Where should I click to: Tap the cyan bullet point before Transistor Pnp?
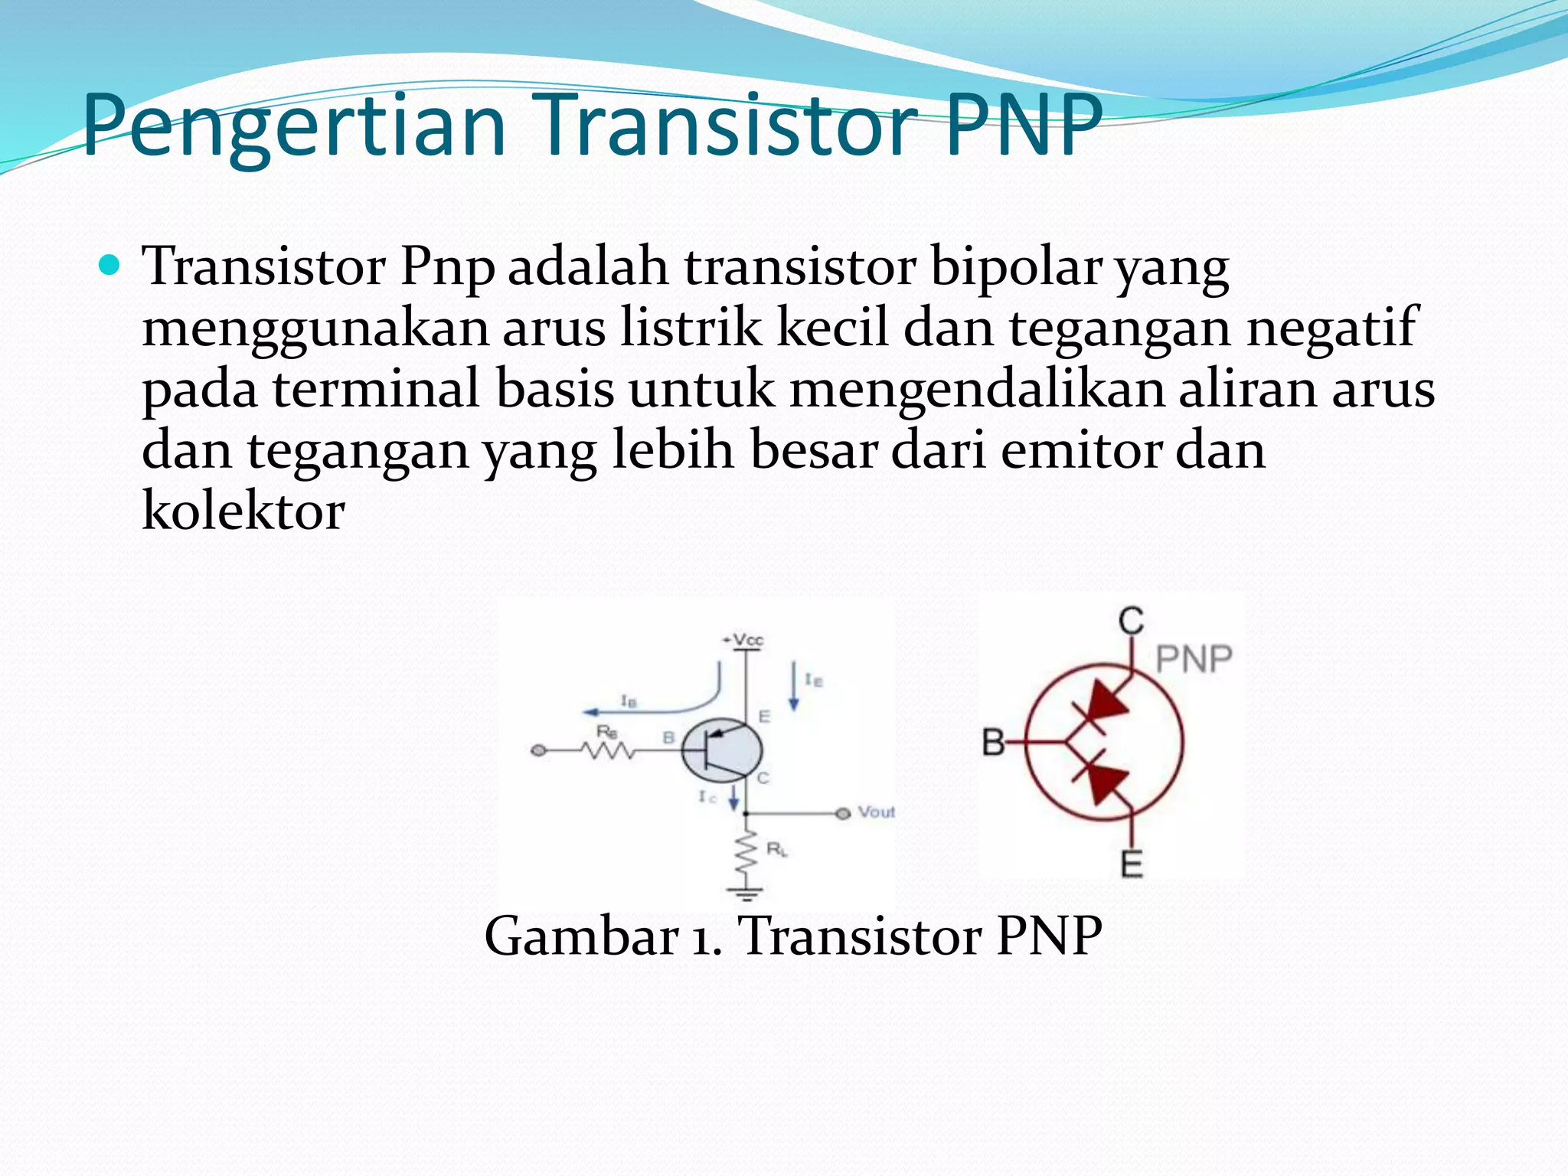[x=110, y=266]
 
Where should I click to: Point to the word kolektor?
[x=243, y=511]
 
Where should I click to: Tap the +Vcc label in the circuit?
[x=743, y=639]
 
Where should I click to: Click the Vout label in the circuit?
[x=876, y=812]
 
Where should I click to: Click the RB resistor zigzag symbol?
[x=608, y=751]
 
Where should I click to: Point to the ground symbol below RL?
[x=746, y=893]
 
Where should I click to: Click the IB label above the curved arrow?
[x=628, y=700]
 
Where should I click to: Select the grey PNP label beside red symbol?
[x=1193, y=658]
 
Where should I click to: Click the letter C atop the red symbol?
[x=1131, y=621]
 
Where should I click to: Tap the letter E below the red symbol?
[x=1132, y=864]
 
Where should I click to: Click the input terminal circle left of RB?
[x=538, y=751]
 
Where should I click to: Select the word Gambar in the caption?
[x=582, y=936]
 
